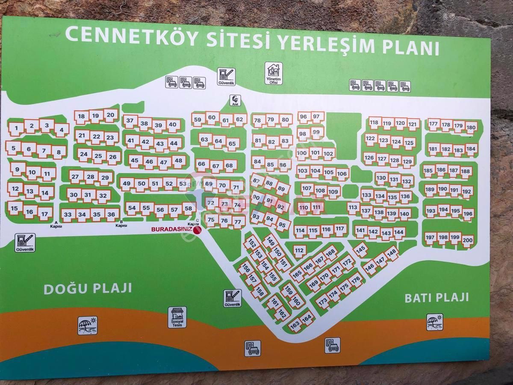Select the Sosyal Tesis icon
[x=177, y=317]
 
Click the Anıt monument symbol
[x=235, y=100]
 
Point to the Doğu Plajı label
[x=88, y=289]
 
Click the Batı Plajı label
[x=436, y=297]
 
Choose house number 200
[x=468, y=240]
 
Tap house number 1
[x=16, y=128]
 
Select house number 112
[x=299, y=251]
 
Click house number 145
[x=361, y=249]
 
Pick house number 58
[x=188, y=209]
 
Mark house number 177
[x=433, y=124]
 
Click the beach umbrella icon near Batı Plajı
[x=434, y=322]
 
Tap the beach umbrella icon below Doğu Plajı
[x=87, y=325]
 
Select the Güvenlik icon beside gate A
[x=25, y=242]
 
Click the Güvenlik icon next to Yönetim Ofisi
[x=226, y=76]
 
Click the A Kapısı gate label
[x=56, y=224]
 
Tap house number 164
[x=307, y=319]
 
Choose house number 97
[x=316, y=116]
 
